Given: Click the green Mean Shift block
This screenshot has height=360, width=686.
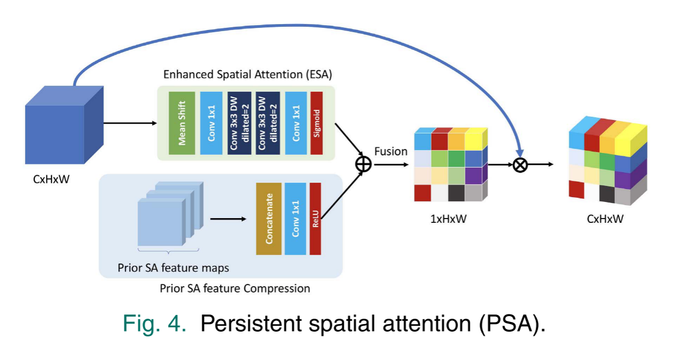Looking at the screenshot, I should coord(181,123).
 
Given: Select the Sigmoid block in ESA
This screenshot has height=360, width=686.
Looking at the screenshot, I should coord(317,123).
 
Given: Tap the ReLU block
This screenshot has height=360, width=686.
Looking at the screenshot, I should coord(315,219).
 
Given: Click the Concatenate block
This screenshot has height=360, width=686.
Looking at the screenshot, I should coord(268,219).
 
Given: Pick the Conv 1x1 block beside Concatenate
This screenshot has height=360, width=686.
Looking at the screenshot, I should coord(295,219).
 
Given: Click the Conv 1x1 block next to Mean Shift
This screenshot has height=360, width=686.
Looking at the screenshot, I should coord(211,123).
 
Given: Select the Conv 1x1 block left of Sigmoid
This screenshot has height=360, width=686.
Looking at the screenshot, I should coord(296,123).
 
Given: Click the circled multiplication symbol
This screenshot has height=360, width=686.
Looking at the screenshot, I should coord(519,164).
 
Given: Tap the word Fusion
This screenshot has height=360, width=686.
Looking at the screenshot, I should coord(391,152).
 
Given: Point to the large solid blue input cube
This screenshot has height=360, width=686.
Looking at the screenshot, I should coord(59,129).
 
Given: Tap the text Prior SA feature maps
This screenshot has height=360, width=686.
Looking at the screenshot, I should coord(173,267).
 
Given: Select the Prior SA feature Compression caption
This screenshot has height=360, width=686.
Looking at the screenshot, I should coord(235,288).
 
